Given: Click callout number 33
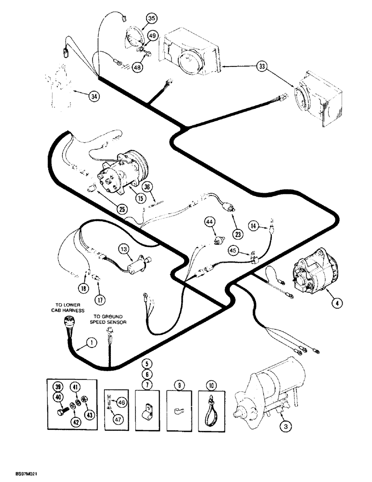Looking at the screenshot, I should pyautogui.click(x=261, y=67).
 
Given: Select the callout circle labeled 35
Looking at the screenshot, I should pyautogui.click(x=152, y=19).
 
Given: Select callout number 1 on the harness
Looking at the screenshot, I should pyautogui.click(x=89, y=343).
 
